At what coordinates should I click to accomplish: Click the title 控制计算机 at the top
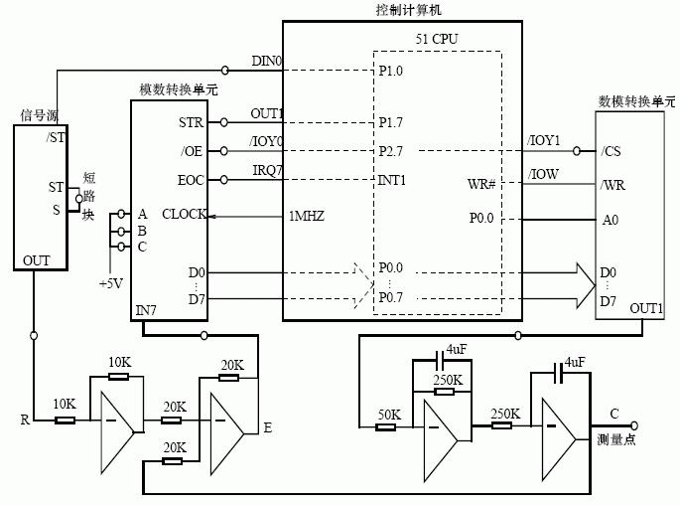click(x=401, y=9)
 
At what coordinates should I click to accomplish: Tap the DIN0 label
click(x=266, y=62)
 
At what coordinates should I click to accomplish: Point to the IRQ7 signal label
click(x=267, y=170)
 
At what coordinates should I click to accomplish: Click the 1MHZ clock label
click(x=307, y=216)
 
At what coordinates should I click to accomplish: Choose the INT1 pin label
click(x=393, y=180)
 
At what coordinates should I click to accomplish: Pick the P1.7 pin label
click(x=390, y=122)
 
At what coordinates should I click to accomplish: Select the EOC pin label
click(x=191, y=180)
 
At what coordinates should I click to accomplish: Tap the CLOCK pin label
click(x=185, y=214)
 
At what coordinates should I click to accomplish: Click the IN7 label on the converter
click(x=146, y=311)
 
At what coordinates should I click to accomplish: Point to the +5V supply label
click(x=111, y=282)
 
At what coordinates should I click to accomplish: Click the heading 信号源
click(x=41, y=115)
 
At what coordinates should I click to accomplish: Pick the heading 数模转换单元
click(x=635, y=101)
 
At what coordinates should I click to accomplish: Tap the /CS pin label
click(x=612, y=151)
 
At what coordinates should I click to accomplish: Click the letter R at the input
click(x=24, y=420)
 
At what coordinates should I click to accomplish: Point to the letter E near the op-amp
click(x=266, y=427)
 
